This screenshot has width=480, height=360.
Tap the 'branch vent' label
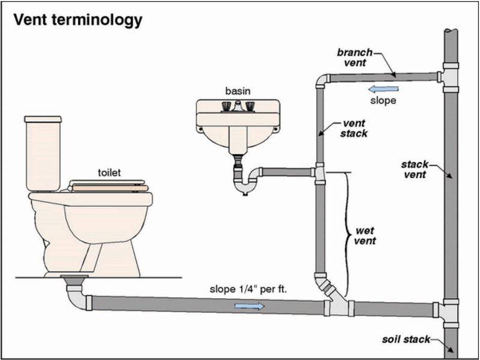click(x=355, y=57)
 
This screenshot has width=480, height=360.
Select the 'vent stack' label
click(x=354, y=128)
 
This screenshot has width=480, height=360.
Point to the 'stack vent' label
click(x=415, y=169)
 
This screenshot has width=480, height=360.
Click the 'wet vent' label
click(x=365, y=235)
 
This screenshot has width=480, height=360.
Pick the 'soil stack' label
click(x=406, y=339)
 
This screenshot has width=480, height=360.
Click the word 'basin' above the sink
click(x=238, y=91)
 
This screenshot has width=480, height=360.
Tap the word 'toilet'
click(x=109, y=173)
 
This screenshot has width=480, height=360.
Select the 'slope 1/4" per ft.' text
click(x=248, y=289)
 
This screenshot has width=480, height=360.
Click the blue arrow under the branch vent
click(x=383, y=89)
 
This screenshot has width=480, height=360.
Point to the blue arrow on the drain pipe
click(x=249, y=306)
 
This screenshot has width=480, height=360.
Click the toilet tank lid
click(x=43, y=119)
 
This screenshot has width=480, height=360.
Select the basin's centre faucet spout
click(x=238, y=106)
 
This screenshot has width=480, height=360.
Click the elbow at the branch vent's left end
click(x=322, y=80)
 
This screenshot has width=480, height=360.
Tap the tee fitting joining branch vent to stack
click(x=448, y=78)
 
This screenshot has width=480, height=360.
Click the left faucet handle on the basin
click(x=226, y=106)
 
